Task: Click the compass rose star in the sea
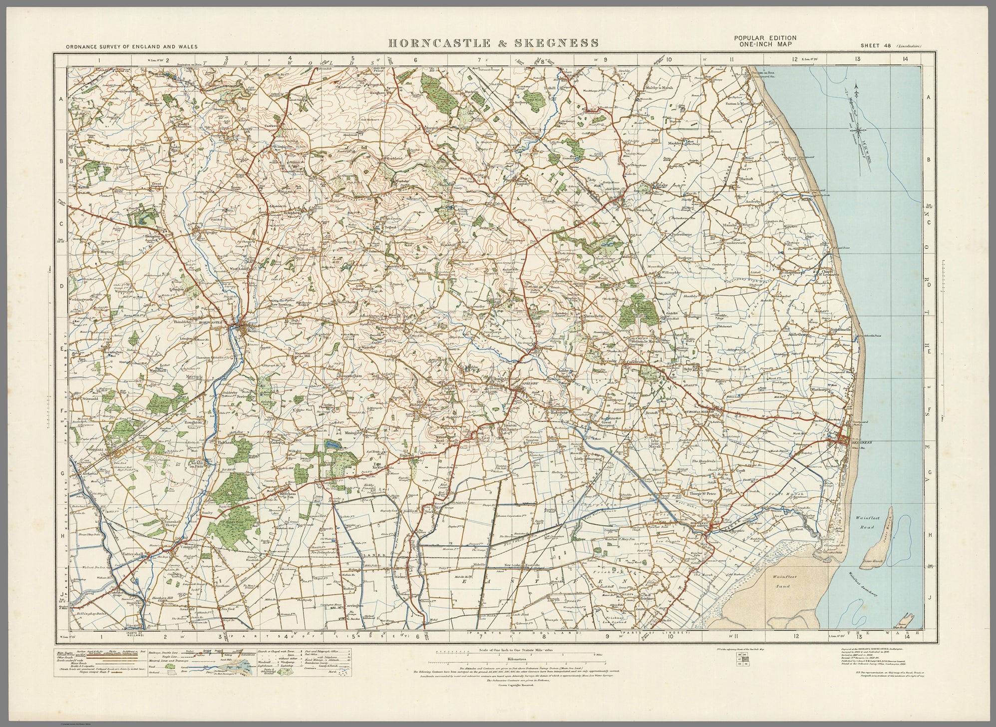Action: pyautogui.click(x=858, y=131)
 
